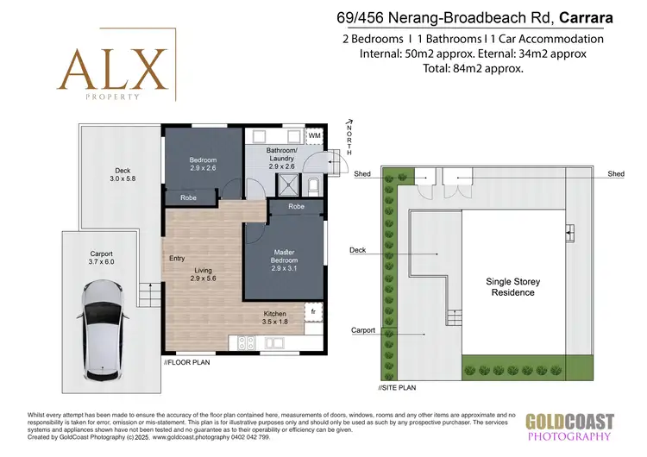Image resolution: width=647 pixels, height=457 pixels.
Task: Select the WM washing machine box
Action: pos(316,136)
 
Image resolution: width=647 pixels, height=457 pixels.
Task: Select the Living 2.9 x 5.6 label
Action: pos(204,275)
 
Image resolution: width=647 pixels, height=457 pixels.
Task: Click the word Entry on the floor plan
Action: pos(178,258)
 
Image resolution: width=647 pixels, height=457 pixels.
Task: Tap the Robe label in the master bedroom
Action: pos(296,207)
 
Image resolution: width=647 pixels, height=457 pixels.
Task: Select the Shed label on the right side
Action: pos(615,174)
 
